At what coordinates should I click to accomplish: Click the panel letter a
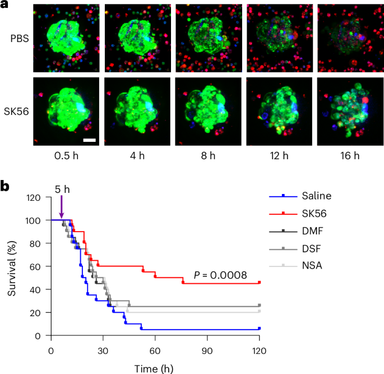(5, 6)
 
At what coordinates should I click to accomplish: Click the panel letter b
(6, 186)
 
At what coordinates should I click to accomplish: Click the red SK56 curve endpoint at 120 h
(259, 283)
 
